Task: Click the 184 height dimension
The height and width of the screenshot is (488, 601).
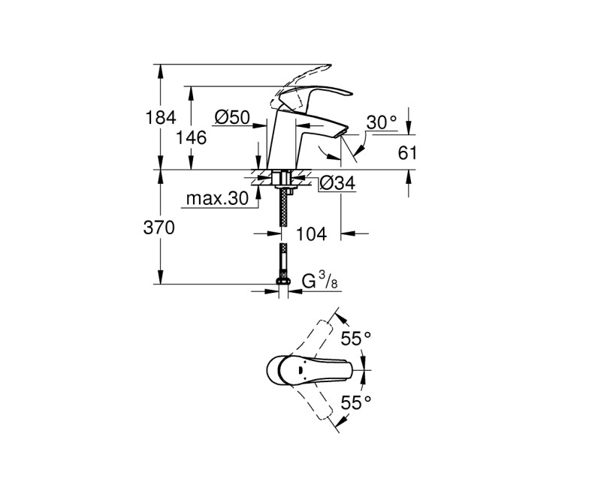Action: point(160,117)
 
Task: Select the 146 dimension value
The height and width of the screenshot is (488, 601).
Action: point(191,137)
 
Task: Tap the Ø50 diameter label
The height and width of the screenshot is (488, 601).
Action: point(231,117)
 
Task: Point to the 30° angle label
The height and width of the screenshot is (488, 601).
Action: point(381,122)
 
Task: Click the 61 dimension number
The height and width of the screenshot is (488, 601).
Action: point(406,153)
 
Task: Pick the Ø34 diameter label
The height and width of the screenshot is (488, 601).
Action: point(337,182)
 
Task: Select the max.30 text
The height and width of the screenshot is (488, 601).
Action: point(216,199)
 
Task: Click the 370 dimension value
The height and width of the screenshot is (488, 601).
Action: point(159,228)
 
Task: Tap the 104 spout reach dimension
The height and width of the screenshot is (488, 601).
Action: point(311,235)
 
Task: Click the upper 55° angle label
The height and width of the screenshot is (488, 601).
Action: point(357,339)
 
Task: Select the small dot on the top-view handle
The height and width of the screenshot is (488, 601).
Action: point(299,369)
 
